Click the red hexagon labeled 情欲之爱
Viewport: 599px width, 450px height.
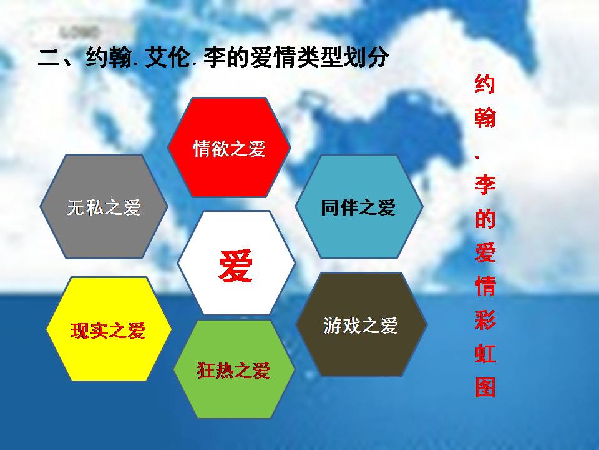(229, 147)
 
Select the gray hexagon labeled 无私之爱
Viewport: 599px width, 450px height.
(104, 207)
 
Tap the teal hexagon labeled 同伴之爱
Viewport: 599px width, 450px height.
(359, 207)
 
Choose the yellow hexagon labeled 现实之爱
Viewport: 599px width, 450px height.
(109, 329)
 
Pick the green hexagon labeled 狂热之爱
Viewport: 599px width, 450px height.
(234, 369)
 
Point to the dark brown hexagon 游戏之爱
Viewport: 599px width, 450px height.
(361, 324)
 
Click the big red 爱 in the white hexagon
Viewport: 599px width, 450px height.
(236, 266)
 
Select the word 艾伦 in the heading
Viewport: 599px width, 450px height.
(167, 57)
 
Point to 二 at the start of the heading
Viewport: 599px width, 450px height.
(49, 58)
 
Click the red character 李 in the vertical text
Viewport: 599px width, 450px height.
(485, 185)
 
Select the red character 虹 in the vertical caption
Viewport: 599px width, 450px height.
(485, 354)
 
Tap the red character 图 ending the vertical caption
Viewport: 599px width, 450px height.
(485, 387)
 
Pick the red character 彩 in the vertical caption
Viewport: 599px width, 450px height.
(485, 320)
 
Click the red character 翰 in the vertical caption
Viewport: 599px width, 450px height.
(485, 117)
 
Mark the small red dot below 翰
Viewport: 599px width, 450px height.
(477, 156)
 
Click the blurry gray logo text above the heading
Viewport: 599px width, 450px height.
(79, 32)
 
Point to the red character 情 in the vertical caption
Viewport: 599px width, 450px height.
(485, 286)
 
